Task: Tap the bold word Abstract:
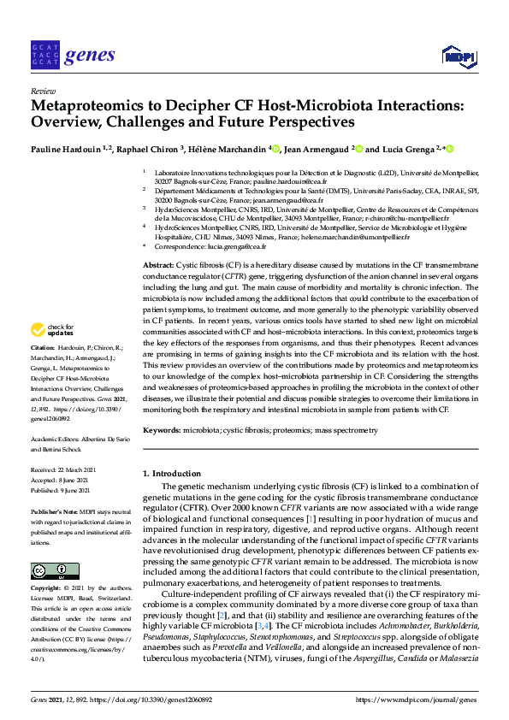tap(158, 266)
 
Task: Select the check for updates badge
tap(51, 329)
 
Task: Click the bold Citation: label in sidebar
tap(43, 349)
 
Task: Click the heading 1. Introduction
tap(173, 474)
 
